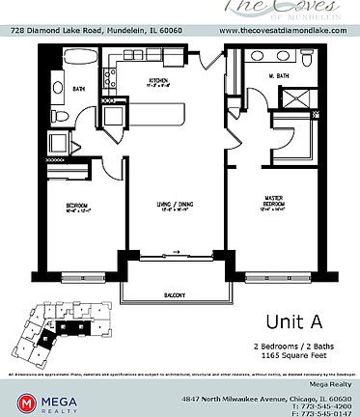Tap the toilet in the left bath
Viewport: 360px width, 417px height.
tap(59, 115)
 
